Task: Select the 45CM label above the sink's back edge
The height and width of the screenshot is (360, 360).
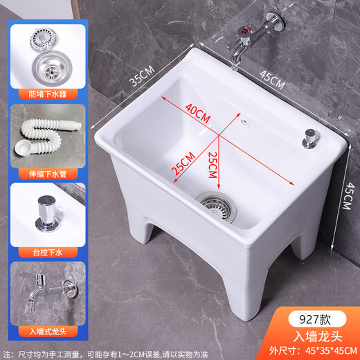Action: point(272,78)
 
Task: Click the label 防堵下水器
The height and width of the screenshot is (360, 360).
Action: point(48,93)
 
